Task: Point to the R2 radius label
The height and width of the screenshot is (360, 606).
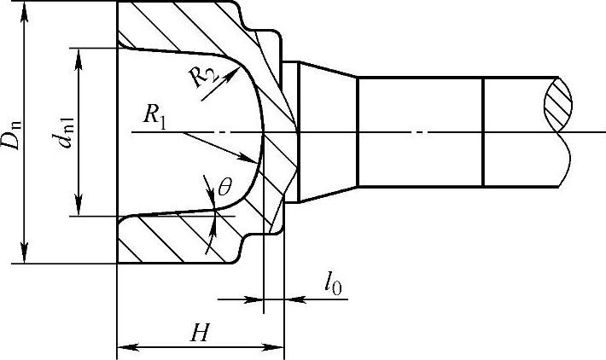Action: (202, 75)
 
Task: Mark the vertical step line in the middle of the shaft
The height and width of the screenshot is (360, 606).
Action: (483, 132)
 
